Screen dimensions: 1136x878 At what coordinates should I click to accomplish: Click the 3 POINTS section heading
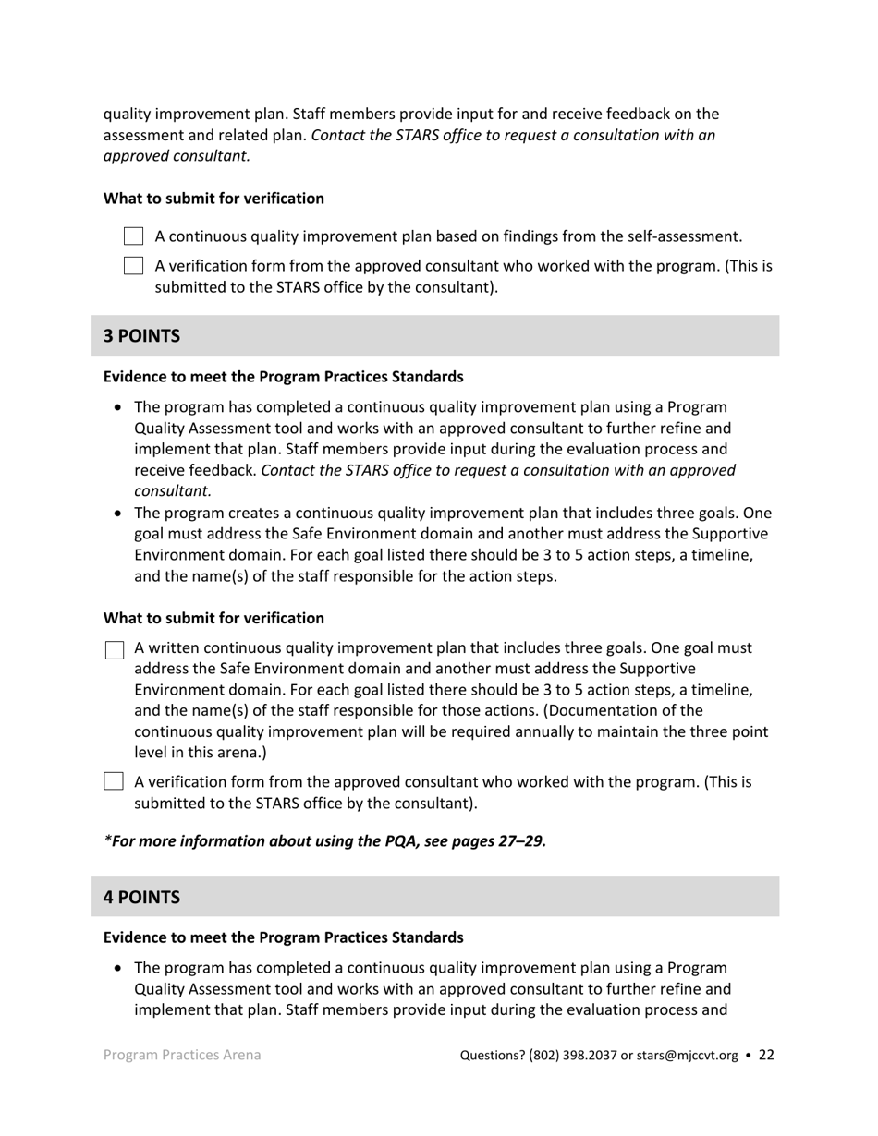(x=141, y=336)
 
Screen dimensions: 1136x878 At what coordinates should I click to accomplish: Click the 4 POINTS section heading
(x=141, y=898)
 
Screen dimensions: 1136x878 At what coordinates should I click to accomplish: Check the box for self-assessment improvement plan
(x=133, y=236)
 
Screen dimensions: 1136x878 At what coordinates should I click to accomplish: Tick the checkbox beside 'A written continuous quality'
(x=114, y=650)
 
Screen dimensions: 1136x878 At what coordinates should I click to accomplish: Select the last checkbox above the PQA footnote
(x=114, y=782)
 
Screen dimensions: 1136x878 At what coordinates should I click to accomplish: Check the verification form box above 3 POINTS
(x=133, y=267)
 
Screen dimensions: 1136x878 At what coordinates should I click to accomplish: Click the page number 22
(x=766, y=1055)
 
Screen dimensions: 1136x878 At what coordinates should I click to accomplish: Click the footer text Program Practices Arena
(x=182, y=1055)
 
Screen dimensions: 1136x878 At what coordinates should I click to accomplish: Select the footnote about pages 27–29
(x=324, y=841)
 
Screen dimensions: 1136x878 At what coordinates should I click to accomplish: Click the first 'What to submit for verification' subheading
(x=213, y=199)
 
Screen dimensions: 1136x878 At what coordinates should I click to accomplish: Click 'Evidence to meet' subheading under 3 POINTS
(x=283, y=377)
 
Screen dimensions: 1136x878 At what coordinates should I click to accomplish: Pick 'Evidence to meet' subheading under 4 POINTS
(x=283, y=937)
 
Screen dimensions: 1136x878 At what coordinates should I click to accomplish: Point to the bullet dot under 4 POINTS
(x=117, y=969)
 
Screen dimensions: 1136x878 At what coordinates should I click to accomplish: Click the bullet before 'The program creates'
(x=117, y=514)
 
